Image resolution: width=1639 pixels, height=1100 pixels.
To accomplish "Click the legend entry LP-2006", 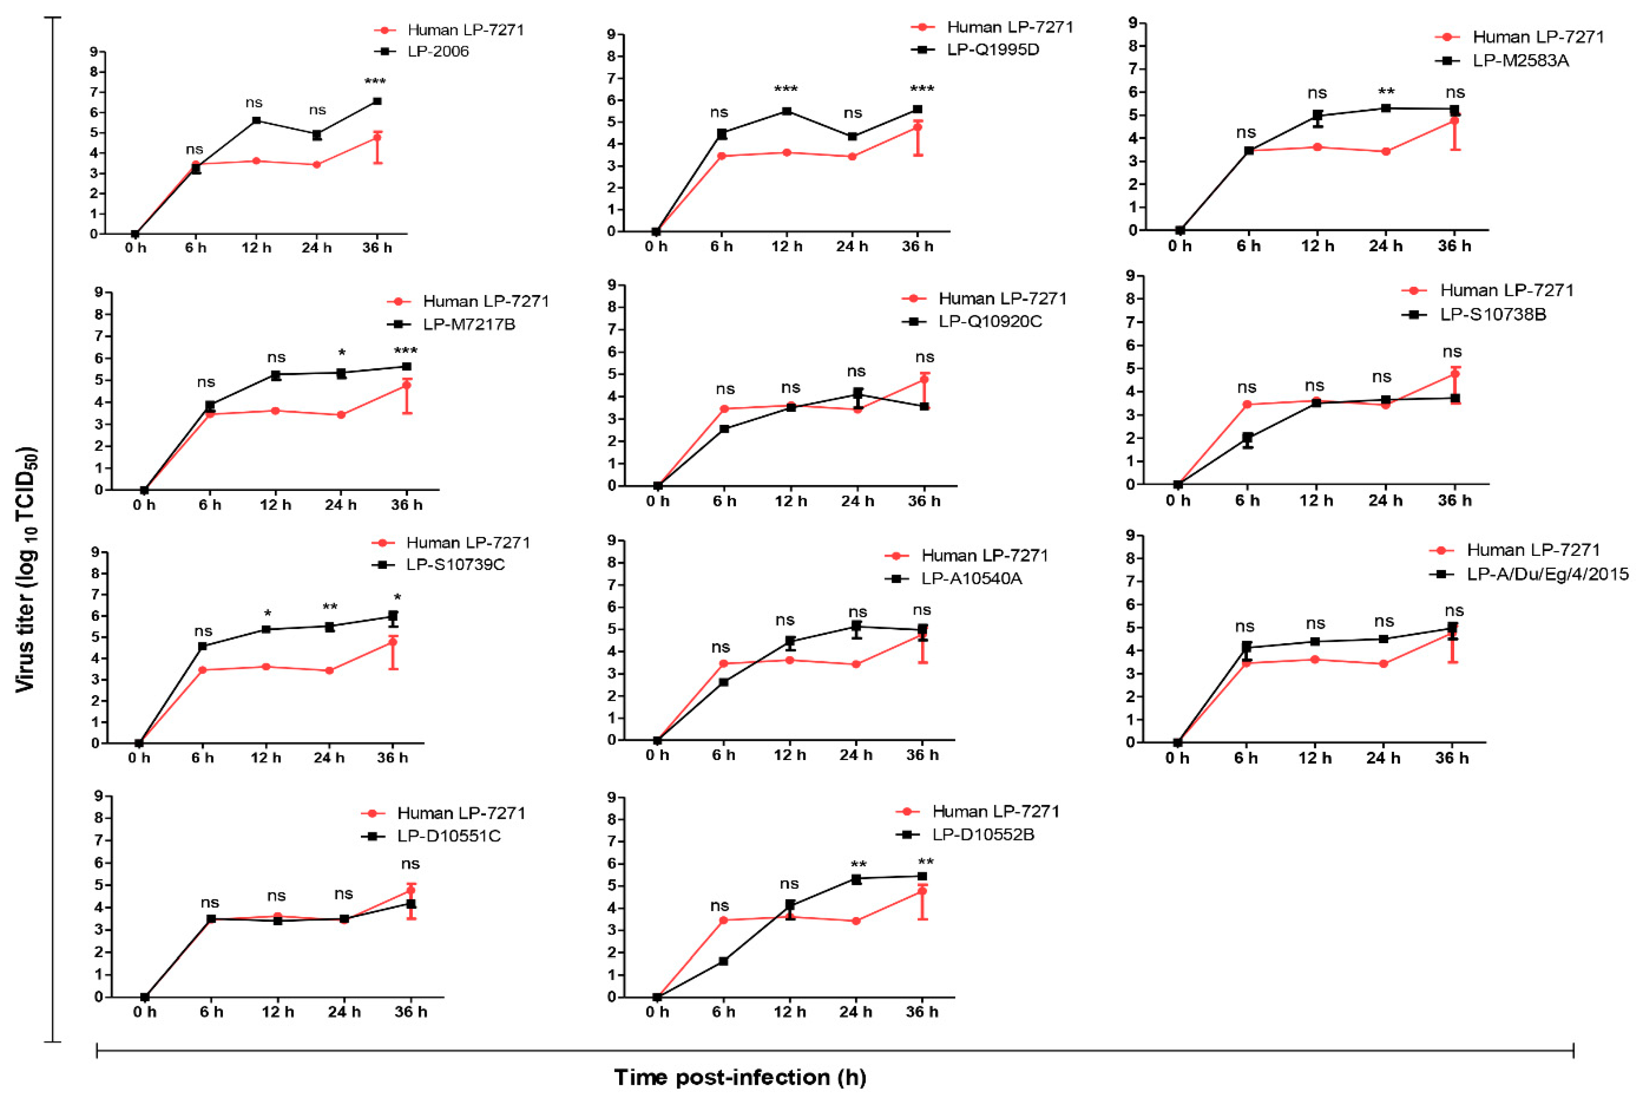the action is [x=438, y=51].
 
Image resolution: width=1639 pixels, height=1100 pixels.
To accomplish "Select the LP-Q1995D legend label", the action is [x=993, y=49].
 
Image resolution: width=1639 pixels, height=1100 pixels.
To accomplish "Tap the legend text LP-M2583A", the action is [x=1519, y=60].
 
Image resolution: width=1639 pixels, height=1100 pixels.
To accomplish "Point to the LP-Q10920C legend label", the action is [x=990, y=321].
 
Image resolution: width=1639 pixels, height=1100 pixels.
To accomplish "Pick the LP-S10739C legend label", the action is [x=455, y=565].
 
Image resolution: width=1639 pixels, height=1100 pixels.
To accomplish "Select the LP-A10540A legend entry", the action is [x=972, y=579].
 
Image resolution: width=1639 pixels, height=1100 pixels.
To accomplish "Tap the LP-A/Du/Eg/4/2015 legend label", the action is [x=1548, y=574].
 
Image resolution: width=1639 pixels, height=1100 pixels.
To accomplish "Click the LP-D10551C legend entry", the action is [x=449, y=836].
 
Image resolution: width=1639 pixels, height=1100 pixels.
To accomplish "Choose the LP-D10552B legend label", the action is [x=983, y=835].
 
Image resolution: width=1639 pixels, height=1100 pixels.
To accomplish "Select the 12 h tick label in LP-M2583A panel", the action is [x=1318, y=246].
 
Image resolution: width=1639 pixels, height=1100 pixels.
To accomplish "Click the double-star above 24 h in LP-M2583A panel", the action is [x=1386, y=91].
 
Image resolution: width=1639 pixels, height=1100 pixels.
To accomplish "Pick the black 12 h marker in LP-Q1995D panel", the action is [x=787, y=111].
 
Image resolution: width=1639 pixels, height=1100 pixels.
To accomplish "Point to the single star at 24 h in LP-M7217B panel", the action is [x=342, y=352].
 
